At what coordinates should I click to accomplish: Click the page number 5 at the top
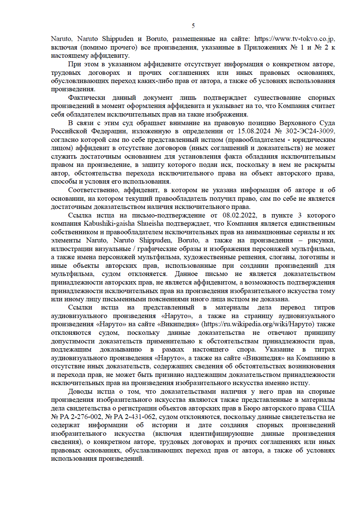[193, 26]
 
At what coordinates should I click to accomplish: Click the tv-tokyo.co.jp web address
[294, 39]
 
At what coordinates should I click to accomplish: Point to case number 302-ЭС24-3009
[310, 131]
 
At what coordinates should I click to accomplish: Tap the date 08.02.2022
[239, 215]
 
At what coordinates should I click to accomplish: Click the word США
[326, 408]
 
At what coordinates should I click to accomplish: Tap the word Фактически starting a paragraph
[87, 98]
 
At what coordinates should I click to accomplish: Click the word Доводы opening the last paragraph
[80, 391]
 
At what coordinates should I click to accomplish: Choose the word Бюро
[252, 408]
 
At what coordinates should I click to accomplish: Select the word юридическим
[314, 140]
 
